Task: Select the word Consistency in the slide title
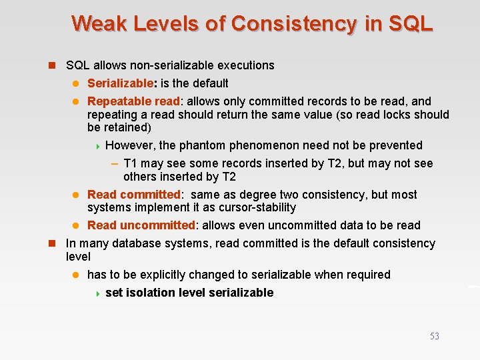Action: (x=295, y=23)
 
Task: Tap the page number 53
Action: (x=434, y=336)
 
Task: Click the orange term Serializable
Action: (x=121, y=83)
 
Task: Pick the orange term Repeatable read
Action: (x=133, y=101)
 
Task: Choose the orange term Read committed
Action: (x=133, y=195)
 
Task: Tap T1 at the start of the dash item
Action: (x=131, y=163)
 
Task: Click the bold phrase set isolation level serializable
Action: (x=189, y=293)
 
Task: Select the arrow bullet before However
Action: (x=97, y=146)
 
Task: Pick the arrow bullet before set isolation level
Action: (x=97, y=293)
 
